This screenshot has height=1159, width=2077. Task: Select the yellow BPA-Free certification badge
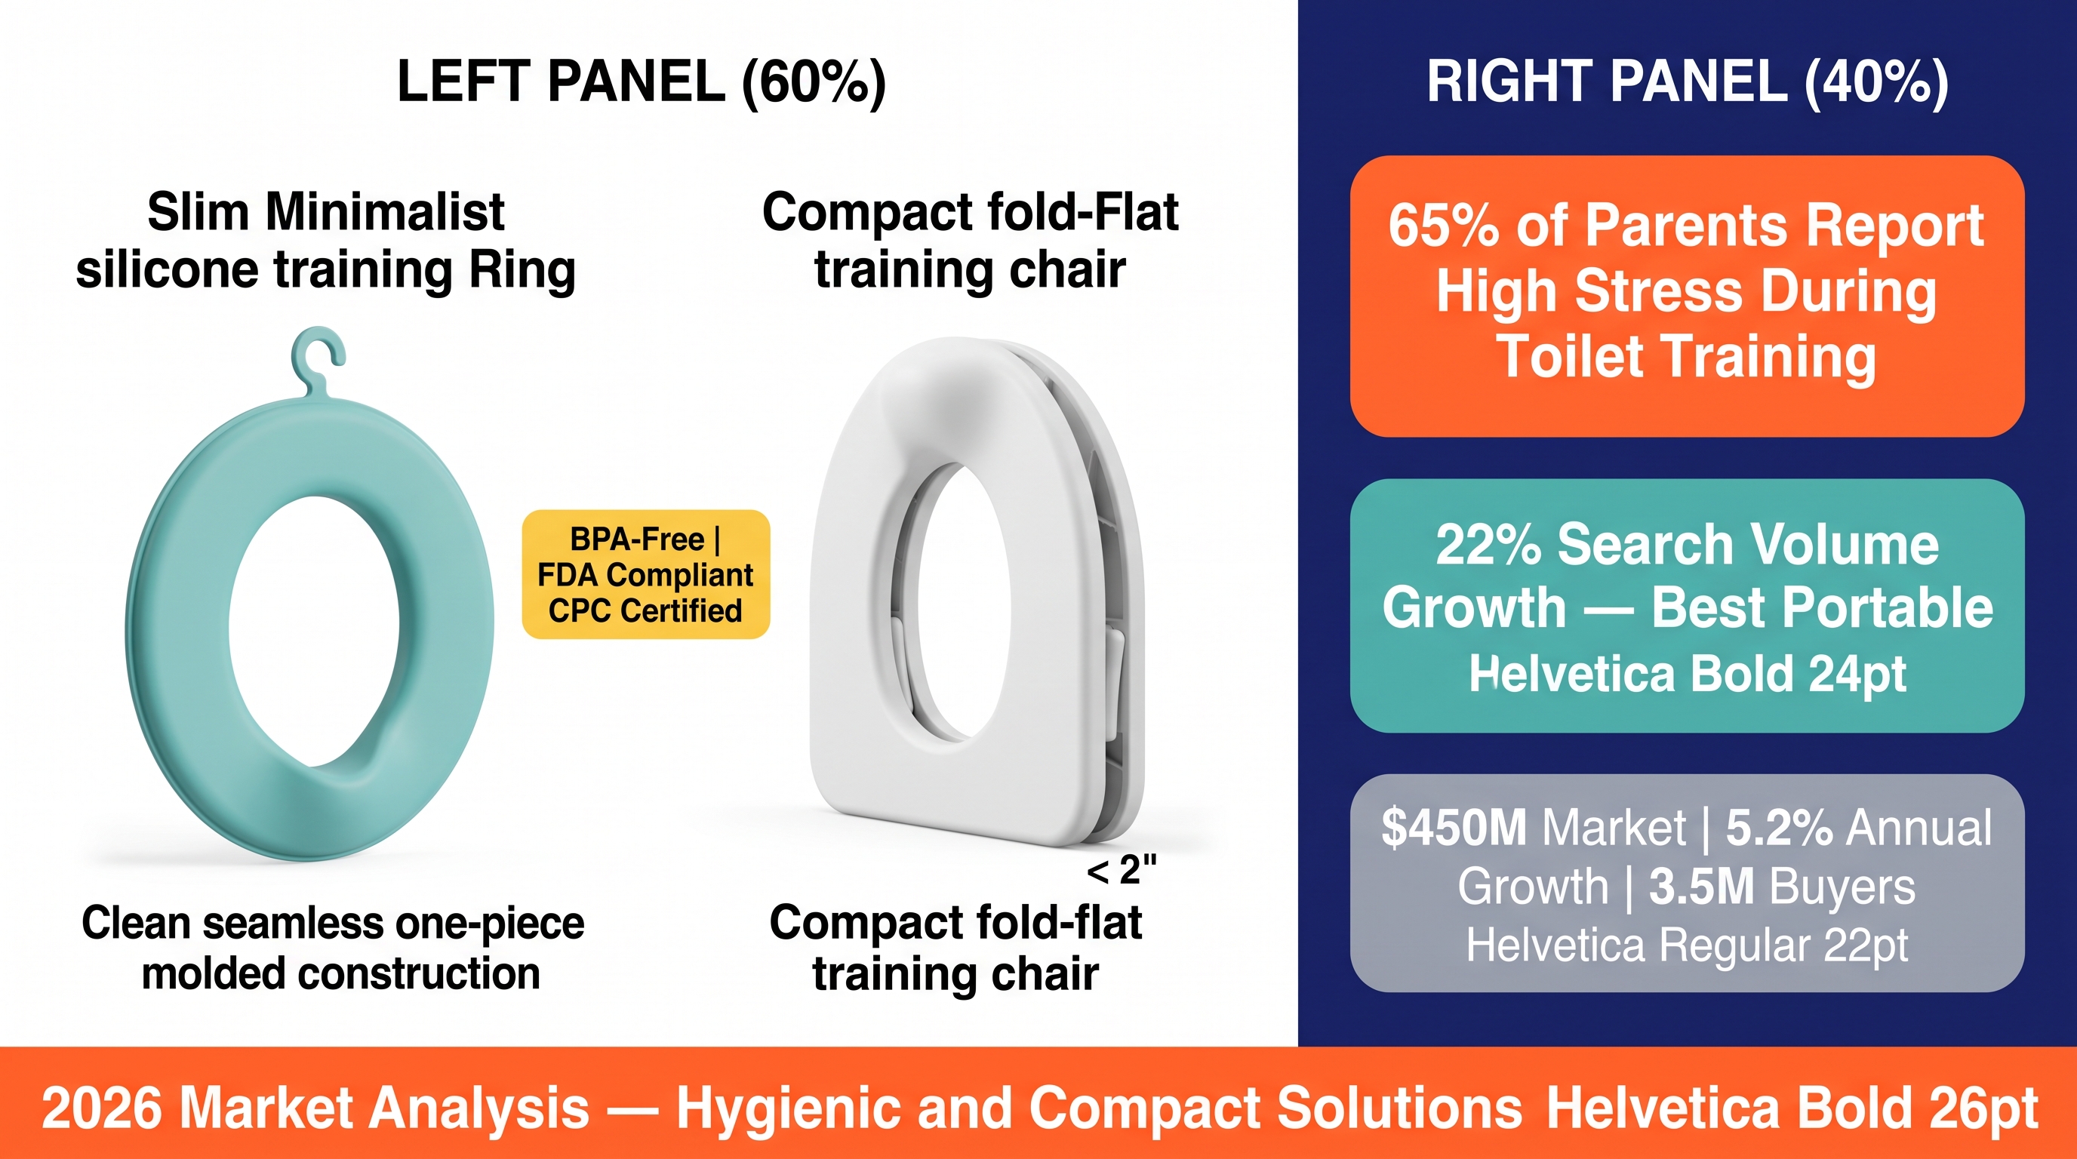pyautogui.click(x=646, y=575)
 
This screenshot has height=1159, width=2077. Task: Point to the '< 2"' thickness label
pyautogui.click(x=1122, y=871)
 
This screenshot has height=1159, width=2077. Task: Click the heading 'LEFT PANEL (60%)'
pyautogui.click(x=642, y=81)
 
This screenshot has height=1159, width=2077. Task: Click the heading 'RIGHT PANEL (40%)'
pyautogui.click(x=1688, y=81)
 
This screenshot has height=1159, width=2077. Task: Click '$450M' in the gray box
pyautogui.click(x=1454, y=828)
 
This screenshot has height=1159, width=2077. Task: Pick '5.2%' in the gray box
pyautogui.click(x=1780, y=828)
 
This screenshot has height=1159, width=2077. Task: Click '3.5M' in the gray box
pyautogui.click(x=1702, y=887)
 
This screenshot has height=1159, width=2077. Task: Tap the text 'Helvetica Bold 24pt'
pyautogui.click(x=1688, y=674)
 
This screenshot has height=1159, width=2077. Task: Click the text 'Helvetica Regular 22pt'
pyautogui.click(x=1687, y=945)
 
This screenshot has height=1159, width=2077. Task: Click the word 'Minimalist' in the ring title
pyautogui.click(x=385, y=212)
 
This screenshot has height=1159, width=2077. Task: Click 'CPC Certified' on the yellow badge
pyautogui.click(x=645, y=611)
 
